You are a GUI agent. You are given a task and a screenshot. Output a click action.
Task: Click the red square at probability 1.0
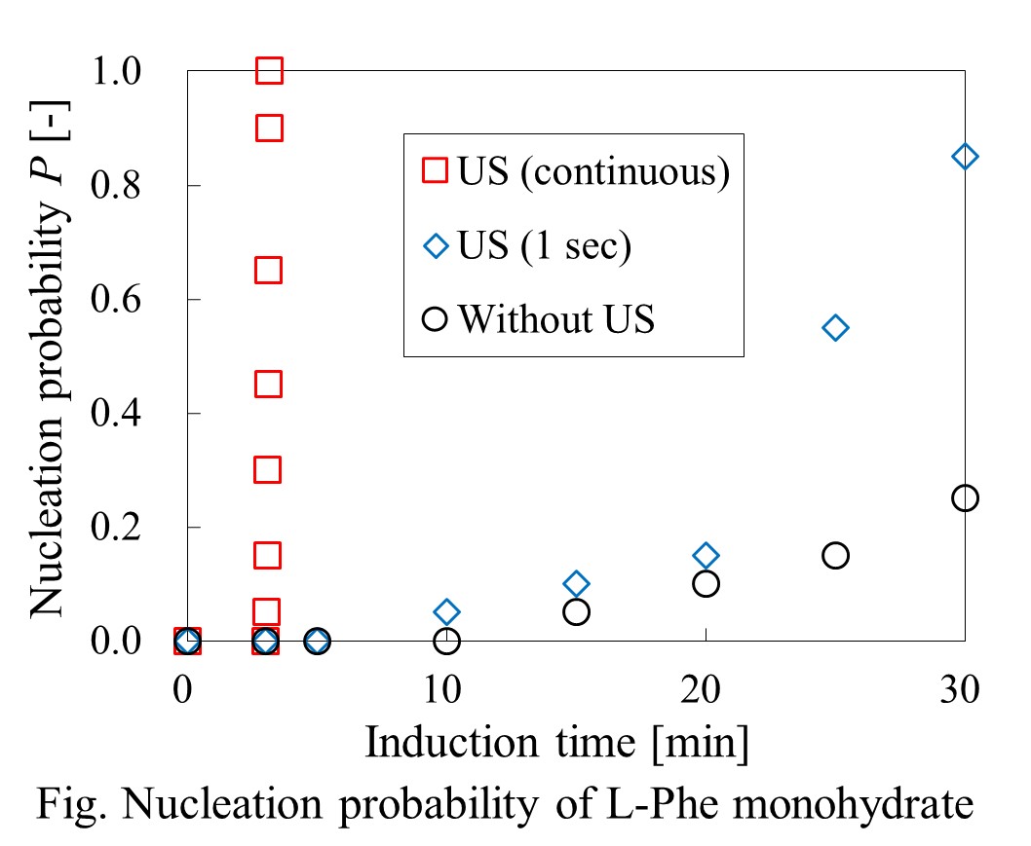point(269,71)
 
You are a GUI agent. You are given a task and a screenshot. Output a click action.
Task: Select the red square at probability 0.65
point(269,270)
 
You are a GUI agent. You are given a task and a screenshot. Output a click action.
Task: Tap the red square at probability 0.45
point(269,385)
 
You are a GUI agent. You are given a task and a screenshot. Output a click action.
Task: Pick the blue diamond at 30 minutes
point(965,157)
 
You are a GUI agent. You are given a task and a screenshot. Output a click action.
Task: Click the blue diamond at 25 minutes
point(835,327)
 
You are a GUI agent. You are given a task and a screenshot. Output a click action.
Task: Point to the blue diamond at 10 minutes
point(446,612)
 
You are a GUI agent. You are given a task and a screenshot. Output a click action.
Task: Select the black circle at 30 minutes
point(965,497)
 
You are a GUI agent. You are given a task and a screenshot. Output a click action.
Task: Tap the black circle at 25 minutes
point(835,555)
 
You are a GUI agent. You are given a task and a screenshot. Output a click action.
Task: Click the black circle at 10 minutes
point(446,641)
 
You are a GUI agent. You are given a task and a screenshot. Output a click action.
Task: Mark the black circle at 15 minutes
point(576,612)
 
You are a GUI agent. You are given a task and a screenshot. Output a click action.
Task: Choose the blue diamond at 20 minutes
point(706,555)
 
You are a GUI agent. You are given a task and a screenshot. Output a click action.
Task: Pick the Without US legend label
point(557,318)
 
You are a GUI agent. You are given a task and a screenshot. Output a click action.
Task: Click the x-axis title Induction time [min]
point(557,743)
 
